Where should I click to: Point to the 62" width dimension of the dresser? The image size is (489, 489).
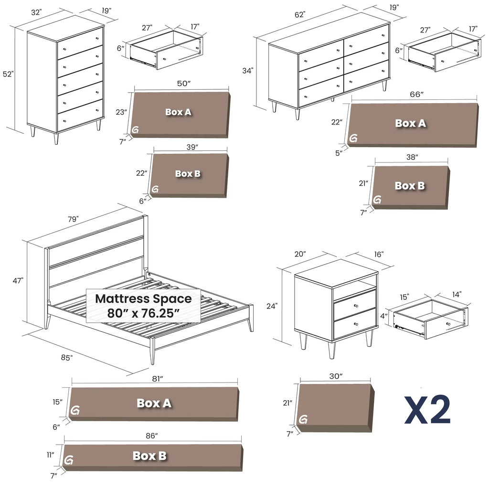(299, 15)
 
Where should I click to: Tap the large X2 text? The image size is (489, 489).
(427, 410)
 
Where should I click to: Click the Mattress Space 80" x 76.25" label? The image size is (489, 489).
(143, 306)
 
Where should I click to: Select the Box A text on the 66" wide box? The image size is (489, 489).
(410, 123)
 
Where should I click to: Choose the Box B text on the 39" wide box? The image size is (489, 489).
(188, 173)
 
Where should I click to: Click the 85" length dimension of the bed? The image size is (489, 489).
(66, 358)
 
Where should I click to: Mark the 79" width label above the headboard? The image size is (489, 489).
(73, 219)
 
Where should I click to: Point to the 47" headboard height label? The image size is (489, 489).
(19, 281)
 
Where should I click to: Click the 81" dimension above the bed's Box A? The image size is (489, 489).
(154, 378)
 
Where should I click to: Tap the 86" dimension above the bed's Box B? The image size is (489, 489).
(151, 436)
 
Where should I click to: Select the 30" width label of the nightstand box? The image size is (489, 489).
(336, 376)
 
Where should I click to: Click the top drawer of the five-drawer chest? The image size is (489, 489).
(80, 44)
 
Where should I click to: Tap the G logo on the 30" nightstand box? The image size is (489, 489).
(303, 420)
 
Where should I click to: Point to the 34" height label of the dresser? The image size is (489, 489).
(247, 71)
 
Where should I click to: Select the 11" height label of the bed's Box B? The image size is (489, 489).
(51, 455)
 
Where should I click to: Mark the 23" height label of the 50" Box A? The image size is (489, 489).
(121, 112)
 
